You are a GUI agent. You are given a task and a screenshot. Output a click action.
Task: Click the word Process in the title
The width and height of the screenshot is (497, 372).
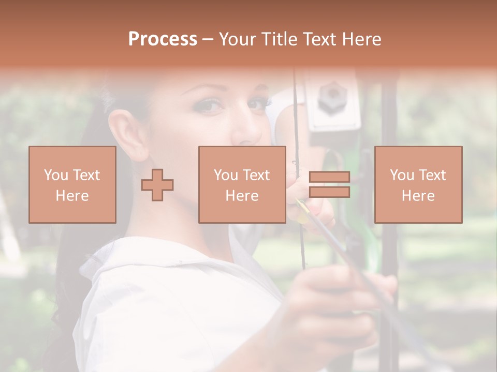point(163,39)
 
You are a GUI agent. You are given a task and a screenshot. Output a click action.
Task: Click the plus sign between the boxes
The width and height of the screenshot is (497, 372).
point(157,185)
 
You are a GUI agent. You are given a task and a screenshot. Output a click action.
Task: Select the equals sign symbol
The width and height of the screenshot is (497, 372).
point(329,184)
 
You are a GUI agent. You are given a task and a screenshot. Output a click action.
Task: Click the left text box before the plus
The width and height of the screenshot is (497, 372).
point(72,184)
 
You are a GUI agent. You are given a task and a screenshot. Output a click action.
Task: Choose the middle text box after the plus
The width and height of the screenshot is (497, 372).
point(242,184)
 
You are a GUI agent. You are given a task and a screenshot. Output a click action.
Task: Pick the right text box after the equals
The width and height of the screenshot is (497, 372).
point(418,184)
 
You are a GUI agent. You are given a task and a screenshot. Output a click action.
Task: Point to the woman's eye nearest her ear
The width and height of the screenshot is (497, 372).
point(208,105)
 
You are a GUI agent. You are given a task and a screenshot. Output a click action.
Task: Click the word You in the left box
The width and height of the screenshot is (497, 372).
point(55,175)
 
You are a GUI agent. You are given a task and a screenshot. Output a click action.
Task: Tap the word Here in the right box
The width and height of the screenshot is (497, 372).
point(418,196)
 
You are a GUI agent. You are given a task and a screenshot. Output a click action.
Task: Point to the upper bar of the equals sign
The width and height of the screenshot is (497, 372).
point(329,177)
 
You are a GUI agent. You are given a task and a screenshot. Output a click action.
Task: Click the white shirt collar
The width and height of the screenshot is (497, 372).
point(155,258)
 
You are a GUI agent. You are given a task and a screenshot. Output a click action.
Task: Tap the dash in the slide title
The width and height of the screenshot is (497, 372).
point(208,39)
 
